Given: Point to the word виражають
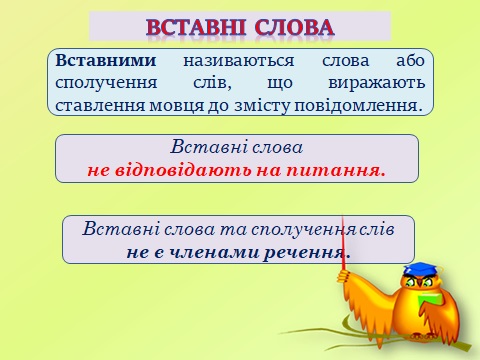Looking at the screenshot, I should click(x=384, y=81).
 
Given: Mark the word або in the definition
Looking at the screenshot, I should click(x=401, y=59).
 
